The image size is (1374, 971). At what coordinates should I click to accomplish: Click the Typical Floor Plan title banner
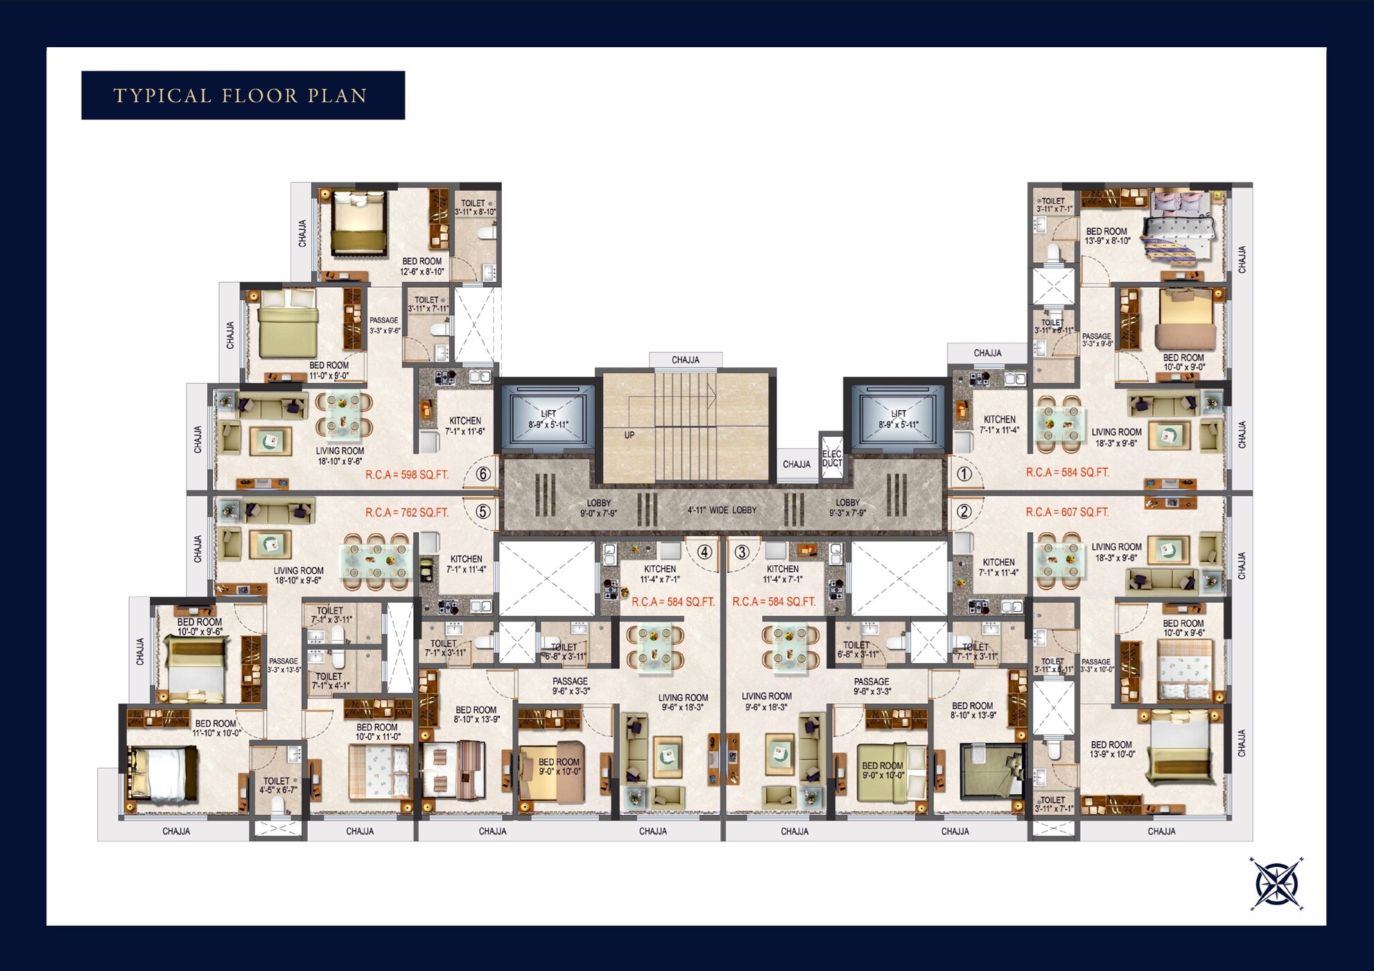[x=243, y=95]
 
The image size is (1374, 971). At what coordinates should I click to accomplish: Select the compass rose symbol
[x=1277, y=883]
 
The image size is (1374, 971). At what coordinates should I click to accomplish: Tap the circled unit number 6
[x=483, y=474]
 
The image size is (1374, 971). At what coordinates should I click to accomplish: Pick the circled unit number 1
[x=964, y=474]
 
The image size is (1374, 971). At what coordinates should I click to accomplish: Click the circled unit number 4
[x=704, y=552]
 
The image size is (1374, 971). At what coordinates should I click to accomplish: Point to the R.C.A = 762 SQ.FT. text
[x=407, y=513]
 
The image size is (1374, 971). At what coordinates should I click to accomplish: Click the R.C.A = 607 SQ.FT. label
[x=1067, y=512]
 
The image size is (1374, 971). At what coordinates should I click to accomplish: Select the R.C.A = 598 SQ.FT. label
[x=407, y=475]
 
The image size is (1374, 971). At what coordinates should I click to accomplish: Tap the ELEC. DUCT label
[x=832, y=458]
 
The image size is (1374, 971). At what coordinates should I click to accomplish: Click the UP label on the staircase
[x=629, y=436]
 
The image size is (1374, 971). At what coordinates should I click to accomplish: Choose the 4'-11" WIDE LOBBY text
[x=722, y=510]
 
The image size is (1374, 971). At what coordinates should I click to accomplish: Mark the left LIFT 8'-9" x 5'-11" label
[x=548, y=419]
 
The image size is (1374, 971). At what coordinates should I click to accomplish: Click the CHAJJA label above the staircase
[x=685, y=360]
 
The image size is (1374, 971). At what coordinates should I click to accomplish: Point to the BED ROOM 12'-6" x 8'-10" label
[x=421, y=266]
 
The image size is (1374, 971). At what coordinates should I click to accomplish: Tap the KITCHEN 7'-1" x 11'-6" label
[x=465, y=426]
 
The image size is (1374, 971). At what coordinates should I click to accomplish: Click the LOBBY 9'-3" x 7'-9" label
[x=847, y=508]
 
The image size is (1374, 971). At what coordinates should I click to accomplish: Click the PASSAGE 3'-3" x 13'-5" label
[x=284, y=665]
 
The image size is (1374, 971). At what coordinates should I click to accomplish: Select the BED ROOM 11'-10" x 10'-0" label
[x=216, y=728]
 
